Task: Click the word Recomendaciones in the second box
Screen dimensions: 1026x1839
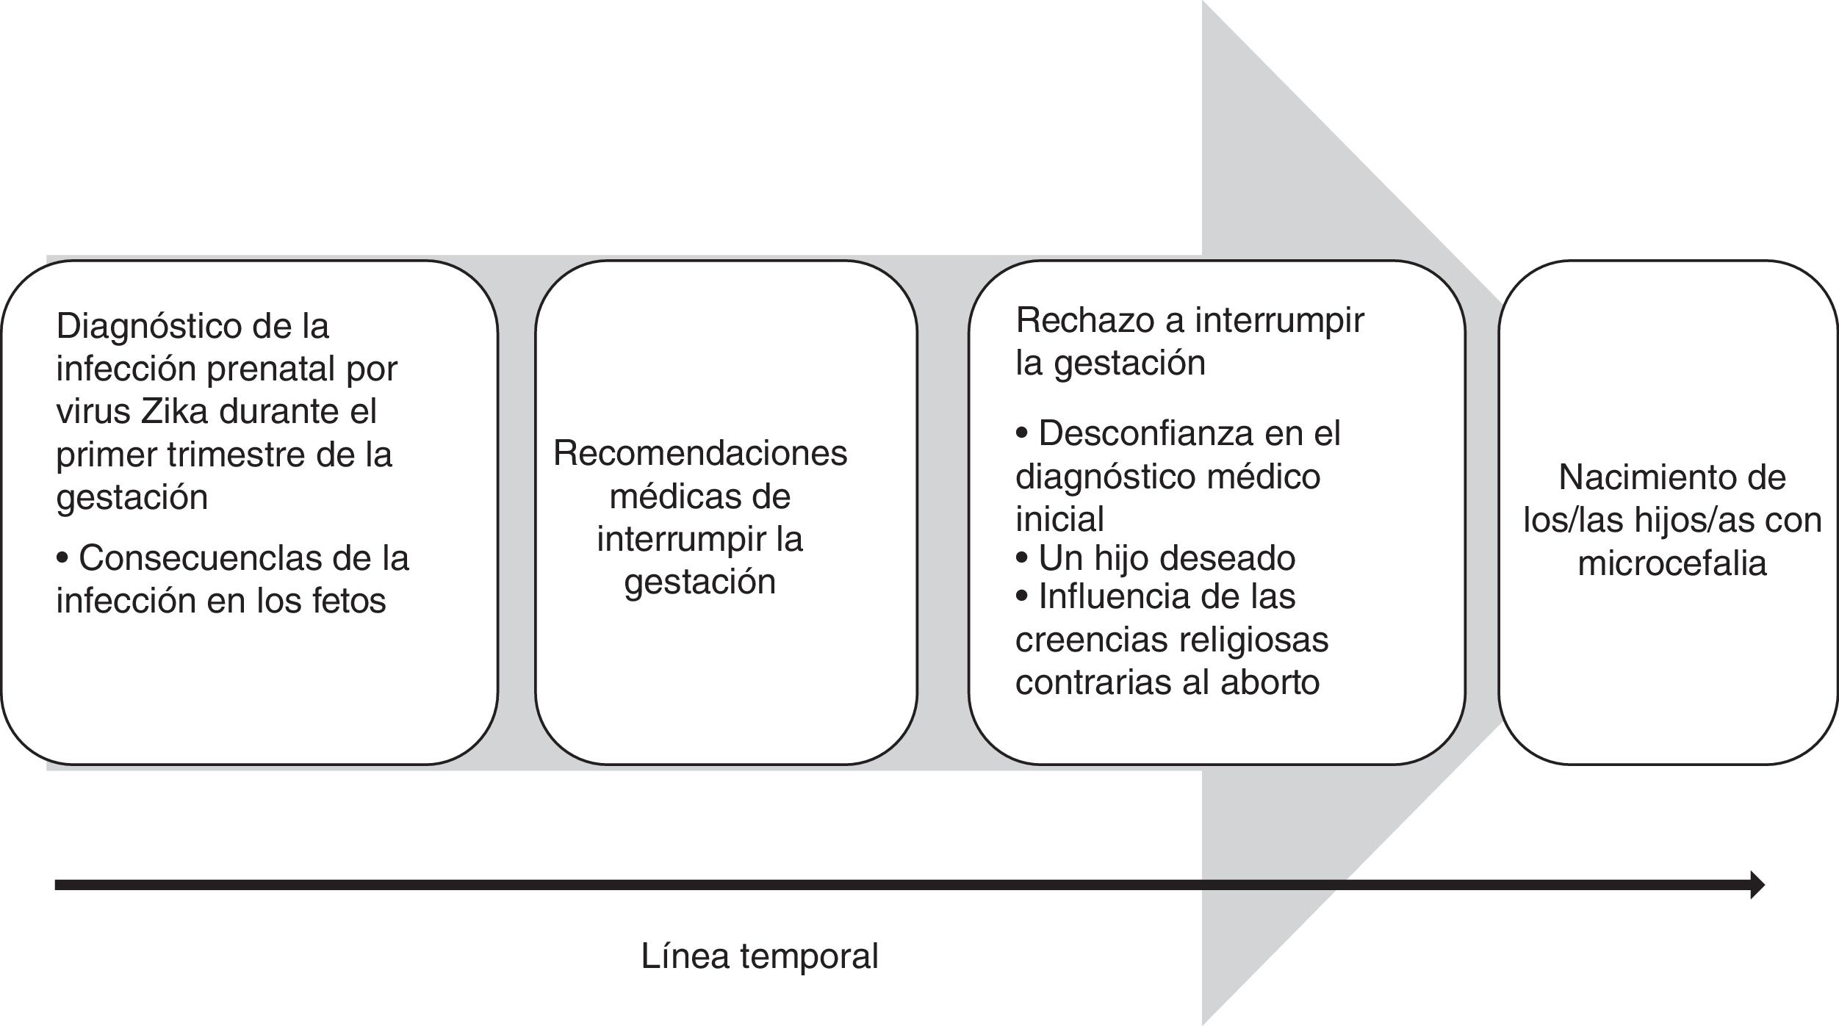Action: (699, 453)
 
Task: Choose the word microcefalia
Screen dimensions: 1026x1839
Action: (1671, 564)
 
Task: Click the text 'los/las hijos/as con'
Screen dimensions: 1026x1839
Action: (1672, 521)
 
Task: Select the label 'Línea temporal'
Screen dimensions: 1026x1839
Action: (760, 956)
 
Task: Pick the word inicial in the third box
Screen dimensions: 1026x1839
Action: (1059, 519)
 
